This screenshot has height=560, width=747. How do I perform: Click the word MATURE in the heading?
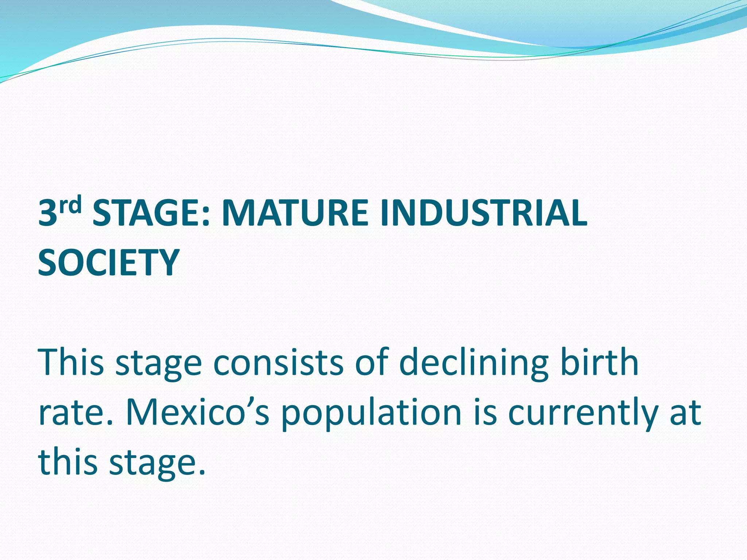295,213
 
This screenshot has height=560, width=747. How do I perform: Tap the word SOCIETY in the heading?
109,262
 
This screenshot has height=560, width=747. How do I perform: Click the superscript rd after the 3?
70,206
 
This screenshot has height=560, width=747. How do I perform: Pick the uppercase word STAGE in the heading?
147,213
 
